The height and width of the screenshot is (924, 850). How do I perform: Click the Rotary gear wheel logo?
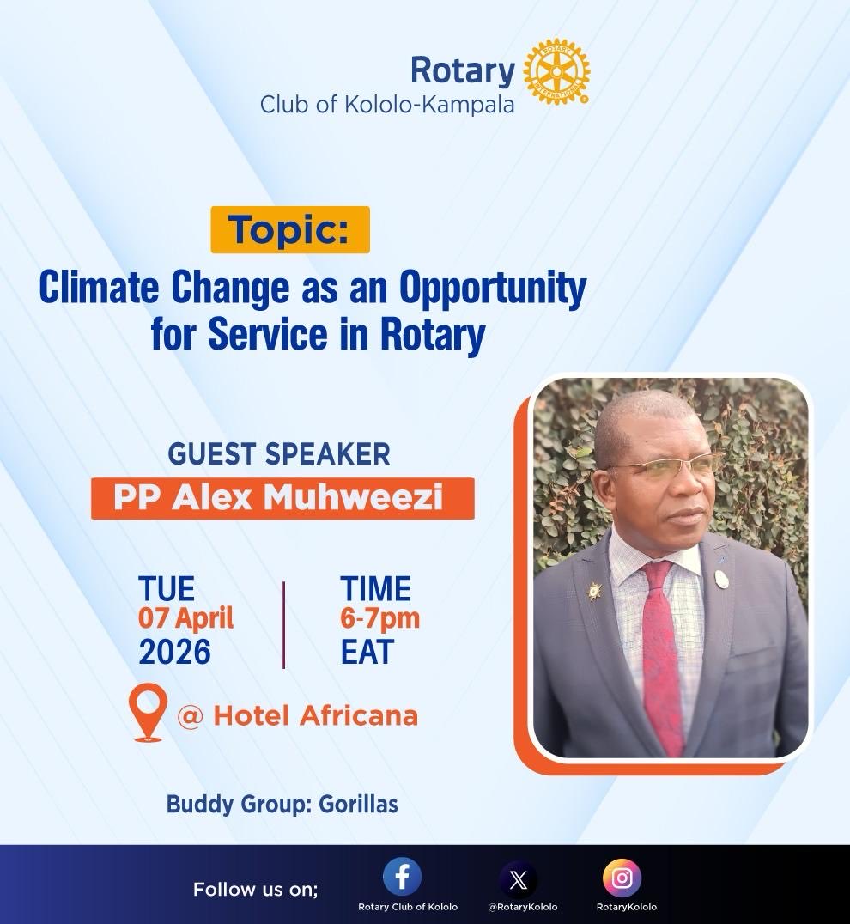(556, 72)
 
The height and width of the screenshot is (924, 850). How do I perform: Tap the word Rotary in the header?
(462, 70)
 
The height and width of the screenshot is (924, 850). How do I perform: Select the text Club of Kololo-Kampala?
(387, 106)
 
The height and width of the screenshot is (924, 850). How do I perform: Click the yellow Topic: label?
(289, 229)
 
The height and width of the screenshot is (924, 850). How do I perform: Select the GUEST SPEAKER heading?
(279, 453)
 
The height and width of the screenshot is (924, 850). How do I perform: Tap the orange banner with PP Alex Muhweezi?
(282, 498)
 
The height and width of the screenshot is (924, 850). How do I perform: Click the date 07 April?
(185, 617)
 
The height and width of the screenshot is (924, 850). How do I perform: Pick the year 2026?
(174, 653)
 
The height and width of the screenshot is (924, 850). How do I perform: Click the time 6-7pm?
(379, 617)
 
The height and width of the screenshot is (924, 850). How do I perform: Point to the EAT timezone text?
(366, 653)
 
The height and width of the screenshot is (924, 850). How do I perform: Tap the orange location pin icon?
(148, 712)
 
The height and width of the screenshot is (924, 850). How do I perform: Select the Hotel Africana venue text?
(315, 714)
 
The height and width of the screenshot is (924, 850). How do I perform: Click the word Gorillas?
(358, 805)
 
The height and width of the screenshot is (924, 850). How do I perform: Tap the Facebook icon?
(402, 878)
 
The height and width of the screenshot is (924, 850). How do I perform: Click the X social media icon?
(519, 880)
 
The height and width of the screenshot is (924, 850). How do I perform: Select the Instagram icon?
(622, 878)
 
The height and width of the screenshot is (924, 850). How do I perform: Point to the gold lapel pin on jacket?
(594, 591)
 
